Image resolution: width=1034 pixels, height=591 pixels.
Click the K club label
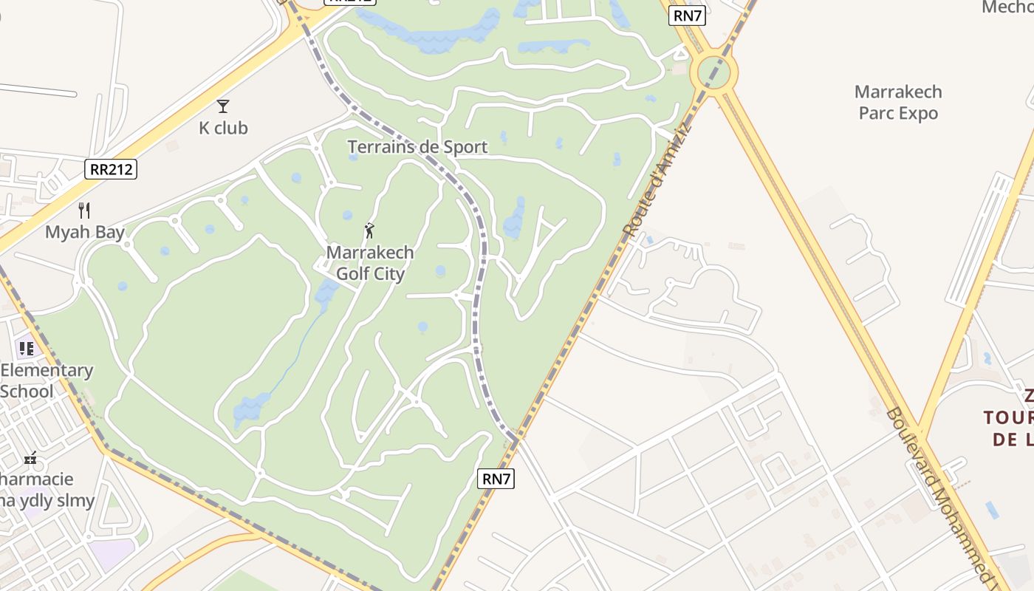click(223, 128)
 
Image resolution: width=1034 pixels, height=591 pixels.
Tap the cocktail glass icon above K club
click(223, 106)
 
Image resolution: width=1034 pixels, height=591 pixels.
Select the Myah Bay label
click(85, 232)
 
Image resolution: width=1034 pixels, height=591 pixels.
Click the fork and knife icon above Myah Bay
click(84, 211)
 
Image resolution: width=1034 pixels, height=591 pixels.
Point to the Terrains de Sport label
click(417, 147)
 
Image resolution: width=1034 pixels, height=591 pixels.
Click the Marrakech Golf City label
click(370, 263)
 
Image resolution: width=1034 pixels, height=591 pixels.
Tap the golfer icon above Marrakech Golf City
click(369, 230)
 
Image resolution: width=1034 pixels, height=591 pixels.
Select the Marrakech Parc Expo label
click(898, 103)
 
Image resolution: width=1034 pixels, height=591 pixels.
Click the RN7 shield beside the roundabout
click(686, 16)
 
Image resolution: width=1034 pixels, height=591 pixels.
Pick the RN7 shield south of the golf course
click(496, 479)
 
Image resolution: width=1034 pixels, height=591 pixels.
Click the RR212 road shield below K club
click(111, 169)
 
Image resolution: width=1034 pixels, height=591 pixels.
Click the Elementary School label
click(47, 380)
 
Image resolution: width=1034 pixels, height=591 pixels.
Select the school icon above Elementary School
click(27, 348)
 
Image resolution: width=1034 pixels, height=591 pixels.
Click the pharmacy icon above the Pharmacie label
click(30, 459)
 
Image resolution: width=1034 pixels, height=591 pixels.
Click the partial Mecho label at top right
click(1007, 7)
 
